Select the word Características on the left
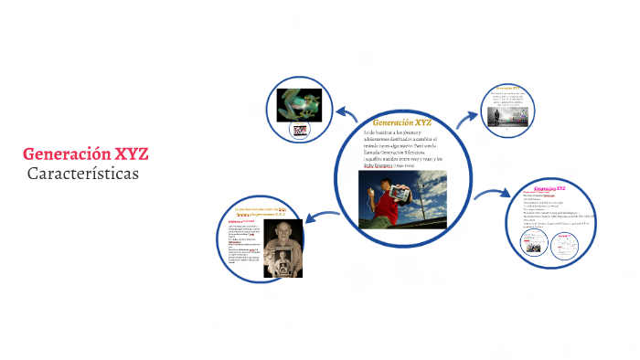82,173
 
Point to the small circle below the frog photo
300,131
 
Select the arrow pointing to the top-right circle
467,116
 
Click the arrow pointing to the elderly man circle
322,217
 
